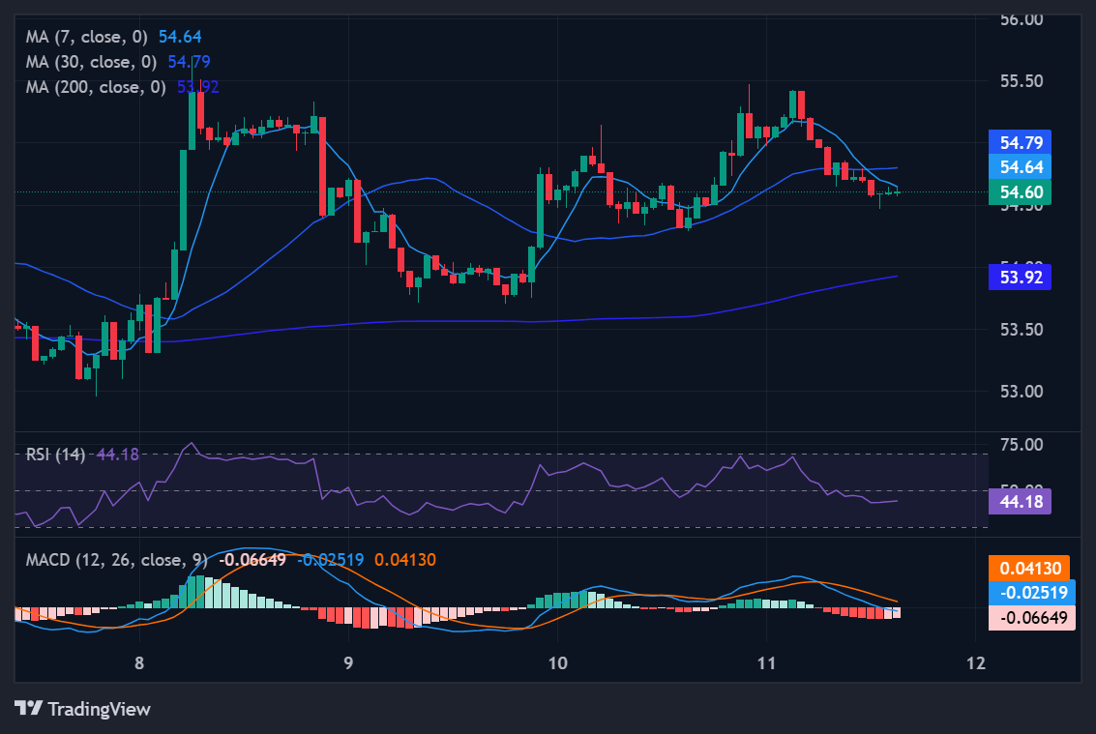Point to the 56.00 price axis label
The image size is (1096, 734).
click(x=1022, y=18)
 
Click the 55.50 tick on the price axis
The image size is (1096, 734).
click(x=1022, y=80)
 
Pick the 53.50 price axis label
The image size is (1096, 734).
click(x=1022, y=330)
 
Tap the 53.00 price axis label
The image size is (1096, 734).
click(x=1022, y=392)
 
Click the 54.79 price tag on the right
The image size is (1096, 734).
click(x=1021, y=143)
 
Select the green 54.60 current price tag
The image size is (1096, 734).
click(x=1021, y=192)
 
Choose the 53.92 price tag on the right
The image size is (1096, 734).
click(x=1021, y=278)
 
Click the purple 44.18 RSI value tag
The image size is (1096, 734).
click(x=1021, y=501)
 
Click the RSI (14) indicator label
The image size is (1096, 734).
click(x=55, y=454)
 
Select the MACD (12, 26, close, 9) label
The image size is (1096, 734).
click(x=116, y=559)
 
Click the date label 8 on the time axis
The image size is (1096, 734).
click(x=139, y=663)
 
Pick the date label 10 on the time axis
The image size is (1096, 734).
click(x=557, y=663)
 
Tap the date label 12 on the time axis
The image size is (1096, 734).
click(x=975, y=663)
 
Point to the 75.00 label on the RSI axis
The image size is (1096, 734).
click(x=1022, y=445)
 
